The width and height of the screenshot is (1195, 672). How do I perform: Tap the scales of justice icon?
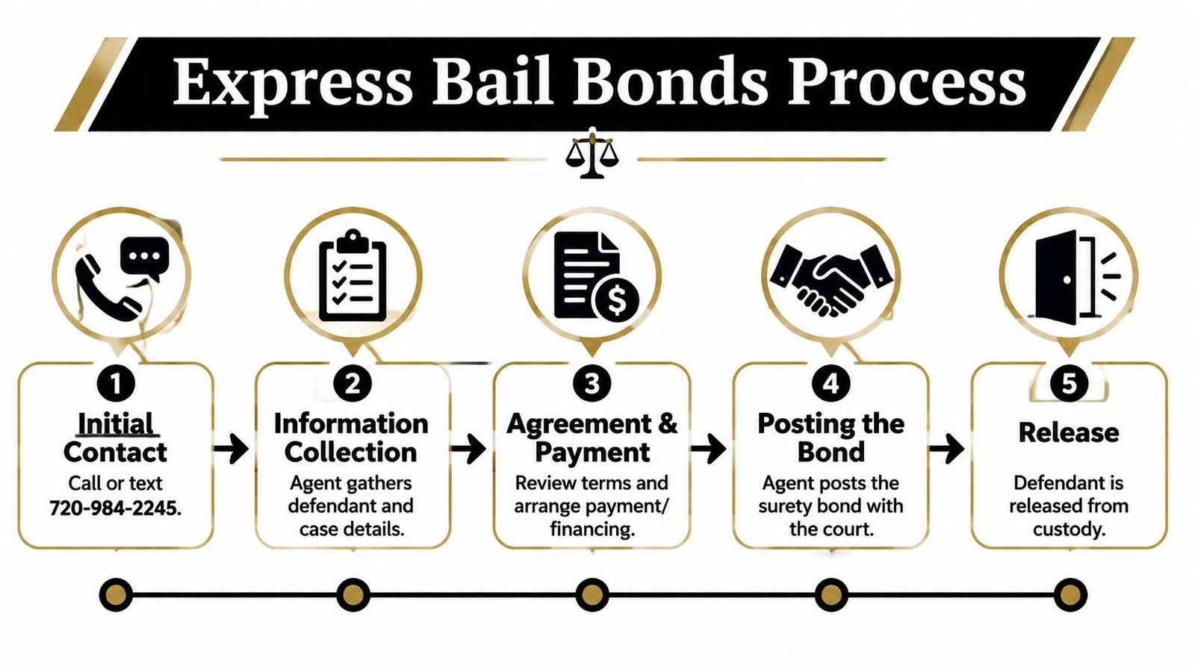[x=592, y=153]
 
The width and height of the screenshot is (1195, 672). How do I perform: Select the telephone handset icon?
[x=108, y=287]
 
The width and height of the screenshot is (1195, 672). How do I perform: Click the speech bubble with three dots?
[x=145, y=259]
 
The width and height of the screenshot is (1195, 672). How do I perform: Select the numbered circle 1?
[x=116, y=384]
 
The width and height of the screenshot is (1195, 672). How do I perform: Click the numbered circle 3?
[x=592, y=384]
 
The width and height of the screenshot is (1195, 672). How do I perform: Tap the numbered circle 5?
[x=1069, y=384]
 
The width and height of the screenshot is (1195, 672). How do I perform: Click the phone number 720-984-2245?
[x=114, y=508]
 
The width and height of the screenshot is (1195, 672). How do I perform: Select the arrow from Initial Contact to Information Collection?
[x=231, y=449]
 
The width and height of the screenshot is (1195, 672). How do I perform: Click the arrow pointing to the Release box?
[x=947, y=449]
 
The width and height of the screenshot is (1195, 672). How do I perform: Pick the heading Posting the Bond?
[x=831, y=438]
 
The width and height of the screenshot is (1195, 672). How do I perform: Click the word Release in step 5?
[x=1069, y=432]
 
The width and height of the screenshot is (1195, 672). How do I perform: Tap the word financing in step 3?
[x=591, y=529]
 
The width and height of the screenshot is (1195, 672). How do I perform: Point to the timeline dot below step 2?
[x=353, y=594]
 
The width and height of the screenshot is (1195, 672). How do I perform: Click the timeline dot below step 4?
[x=831, y=594]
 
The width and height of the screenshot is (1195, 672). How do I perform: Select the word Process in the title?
[x=907, y=83]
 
